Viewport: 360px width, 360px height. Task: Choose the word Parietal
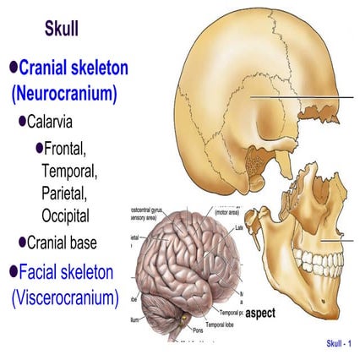(x=68, y=194)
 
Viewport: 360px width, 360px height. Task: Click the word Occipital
(x=70, y=215)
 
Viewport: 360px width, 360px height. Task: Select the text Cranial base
(x=74, y=243)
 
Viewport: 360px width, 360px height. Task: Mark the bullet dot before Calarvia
(x=23, y=122)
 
